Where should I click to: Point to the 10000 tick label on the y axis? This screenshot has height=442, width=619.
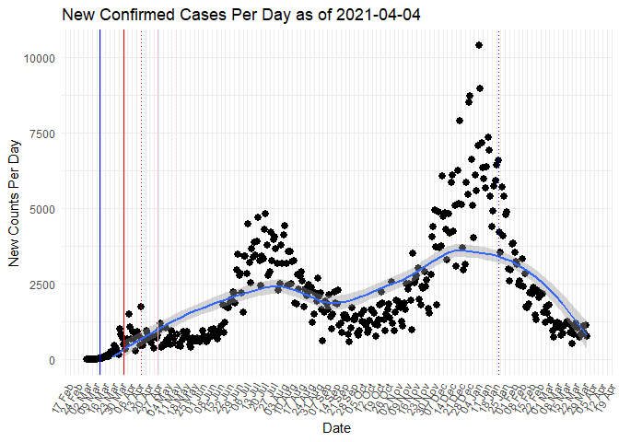[38, 58]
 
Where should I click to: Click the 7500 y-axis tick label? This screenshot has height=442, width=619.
[41, 134]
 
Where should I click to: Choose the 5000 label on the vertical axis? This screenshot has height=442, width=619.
[41, 209]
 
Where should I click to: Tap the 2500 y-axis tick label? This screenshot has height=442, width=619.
[41, 285]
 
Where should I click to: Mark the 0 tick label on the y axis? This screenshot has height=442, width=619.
[52, 360]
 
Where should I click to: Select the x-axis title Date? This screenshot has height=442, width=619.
[335, 429]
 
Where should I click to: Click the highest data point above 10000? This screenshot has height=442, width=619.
[479, 45]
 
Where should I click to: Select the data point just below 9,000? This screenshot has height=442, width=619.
[480, 88]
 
